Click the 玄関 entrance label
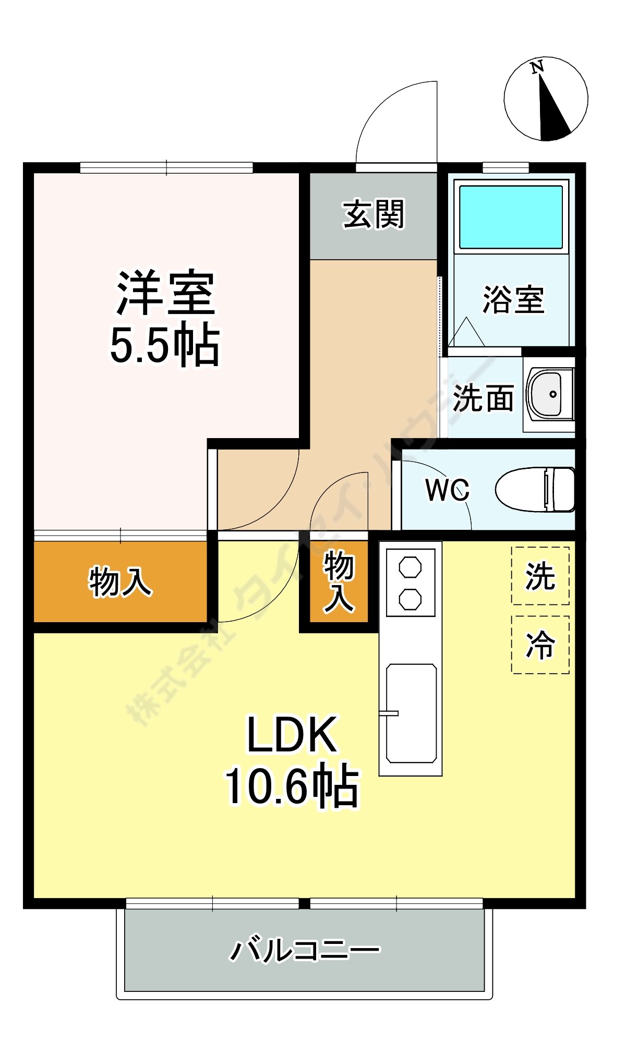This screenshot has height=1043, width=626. [x=374, y=214]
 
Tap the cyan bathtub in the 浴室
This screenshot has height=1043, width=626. [x=511, y=217]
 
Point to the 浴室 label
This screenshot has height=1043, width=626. [x=513, y=300]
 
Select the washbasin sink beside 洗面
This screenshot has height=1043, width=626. [x=546, y=394]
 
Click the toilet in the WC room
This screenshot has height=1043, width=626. [x=535, y=489]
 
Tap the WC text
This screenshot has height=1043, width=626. [x=447, y=490]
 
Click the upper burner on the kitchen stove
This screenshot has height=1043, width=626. [x=410, y=567]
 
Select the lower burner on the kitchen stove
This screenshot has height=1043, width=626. [x=410, y=599]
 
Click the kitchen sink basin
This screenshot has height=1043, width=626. [x=411, y=713]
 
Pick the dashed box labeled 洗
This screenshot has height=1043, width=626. [x=540, y=576]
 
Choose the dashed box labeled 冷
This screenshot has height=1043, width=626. [x=540, y=645]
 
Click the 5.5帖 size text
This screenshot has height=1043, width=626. [x=165, y=345]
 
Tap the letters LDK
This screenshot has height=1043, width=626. [x=292, y=735]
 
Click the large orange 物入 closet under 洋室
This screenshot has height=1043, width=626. [x=120, y=581]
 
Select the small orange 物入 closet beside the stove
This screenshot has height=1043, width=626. [x=339, y=581]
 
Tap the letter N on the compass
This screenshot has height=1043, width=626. [x=537, y=67]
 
